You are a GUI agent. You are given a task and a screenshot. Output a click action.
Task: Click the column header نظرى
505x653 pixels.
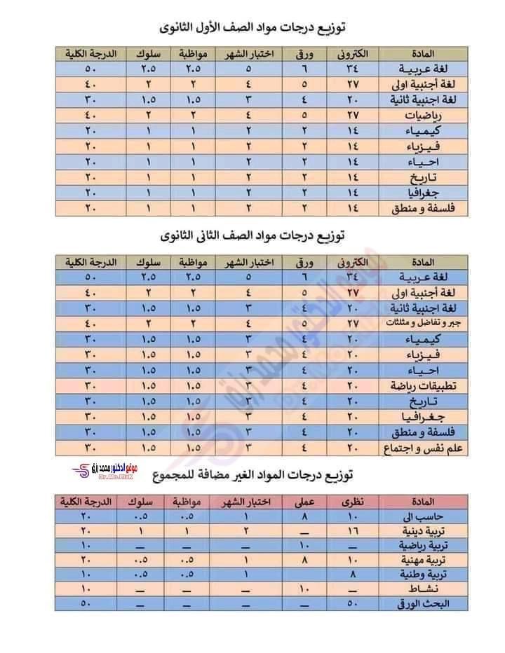[353, 501]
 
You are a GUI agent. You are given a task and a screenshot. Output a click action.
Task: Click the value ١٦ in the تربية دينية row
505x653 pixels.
[353, 530]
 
